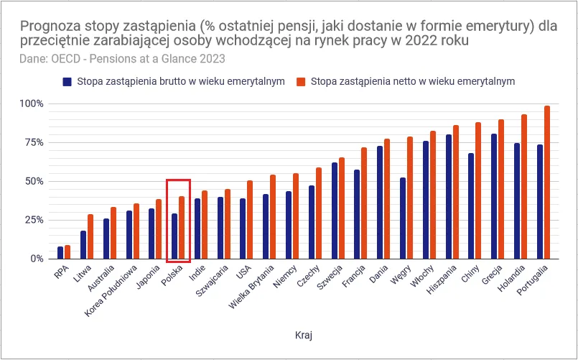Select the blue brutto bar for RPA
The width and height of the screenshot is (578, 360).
(60, 253)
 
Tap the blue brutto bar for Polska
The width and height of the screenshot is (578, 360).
(174, 236)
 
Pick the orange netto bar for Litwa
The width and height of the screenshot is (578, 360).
(90, 236)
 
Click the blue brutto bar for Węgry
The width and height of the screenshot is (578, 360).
(403, 218)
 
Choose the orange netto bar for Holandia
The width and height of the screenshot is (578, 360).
(524, 187)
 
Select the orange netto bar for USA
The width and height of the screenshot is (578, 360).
(250, 220)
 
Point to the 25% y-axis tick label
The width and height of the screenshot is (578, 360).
(34, 220)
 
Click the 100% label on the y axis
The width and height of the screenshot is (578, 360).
(32, 103)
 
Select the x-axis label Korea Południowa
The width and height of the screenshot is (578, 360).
(111, 292)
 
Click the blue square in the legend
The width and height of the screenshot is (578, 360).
(67, 81)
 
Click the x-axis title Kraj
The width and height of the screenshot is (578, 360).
(304, 335)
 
